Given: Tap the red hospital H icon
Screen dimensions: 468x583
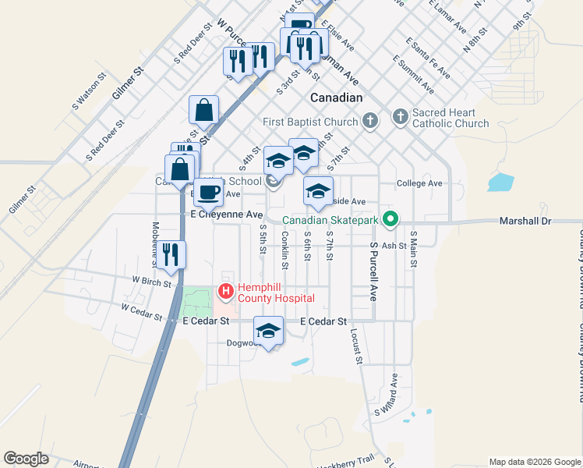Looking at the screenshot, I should click(226, 292).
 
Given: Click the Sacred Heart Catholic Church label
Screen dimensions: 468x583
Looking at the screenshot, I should click(450, 118).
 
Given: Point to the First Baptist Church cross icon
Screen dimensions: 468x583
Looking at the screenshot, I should click(370, 121).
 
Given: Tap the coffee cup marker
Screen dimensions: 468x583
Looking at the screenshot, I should click(207, 192).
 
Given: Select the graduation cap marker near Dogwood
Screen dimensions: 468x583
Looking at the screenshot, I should click(268, 331).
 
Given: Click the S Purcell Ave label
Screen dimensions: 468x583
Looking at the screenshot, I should click(373, 269).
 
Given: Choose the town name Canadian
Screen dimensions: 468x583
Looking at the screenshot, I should click(337, 97).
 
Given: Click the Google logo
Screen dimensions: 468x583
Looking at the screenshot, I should click(26, 459).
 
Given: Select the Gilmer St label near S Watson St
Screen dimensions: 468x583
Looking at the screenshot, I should click(129, 82).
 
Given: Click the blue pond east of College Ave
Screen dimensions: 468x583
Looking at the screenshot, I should click(500, 183).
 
